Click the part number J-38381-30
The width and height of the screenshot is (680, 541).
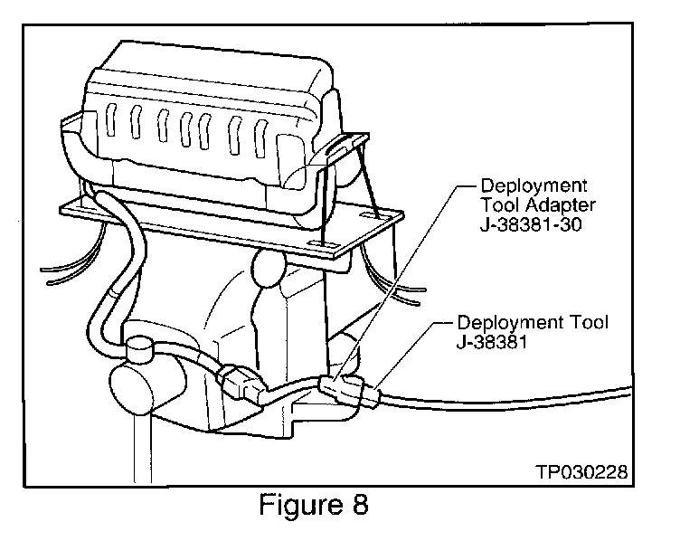531,224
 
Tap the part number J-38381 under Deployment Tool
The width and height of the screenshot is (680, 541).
492,342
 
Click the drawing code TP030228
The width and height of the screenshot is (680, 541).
581,471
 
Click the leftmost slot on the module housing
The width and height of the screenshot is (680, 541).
110,120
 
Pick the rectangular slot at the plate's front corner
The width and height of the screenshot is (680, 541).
322,244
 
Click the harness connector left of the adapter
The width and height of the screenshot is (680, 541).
241,383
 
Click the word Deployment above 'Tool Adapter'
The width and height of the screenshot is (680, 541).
534,185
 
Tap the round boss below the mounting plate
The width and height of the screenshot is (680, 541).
268,270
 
